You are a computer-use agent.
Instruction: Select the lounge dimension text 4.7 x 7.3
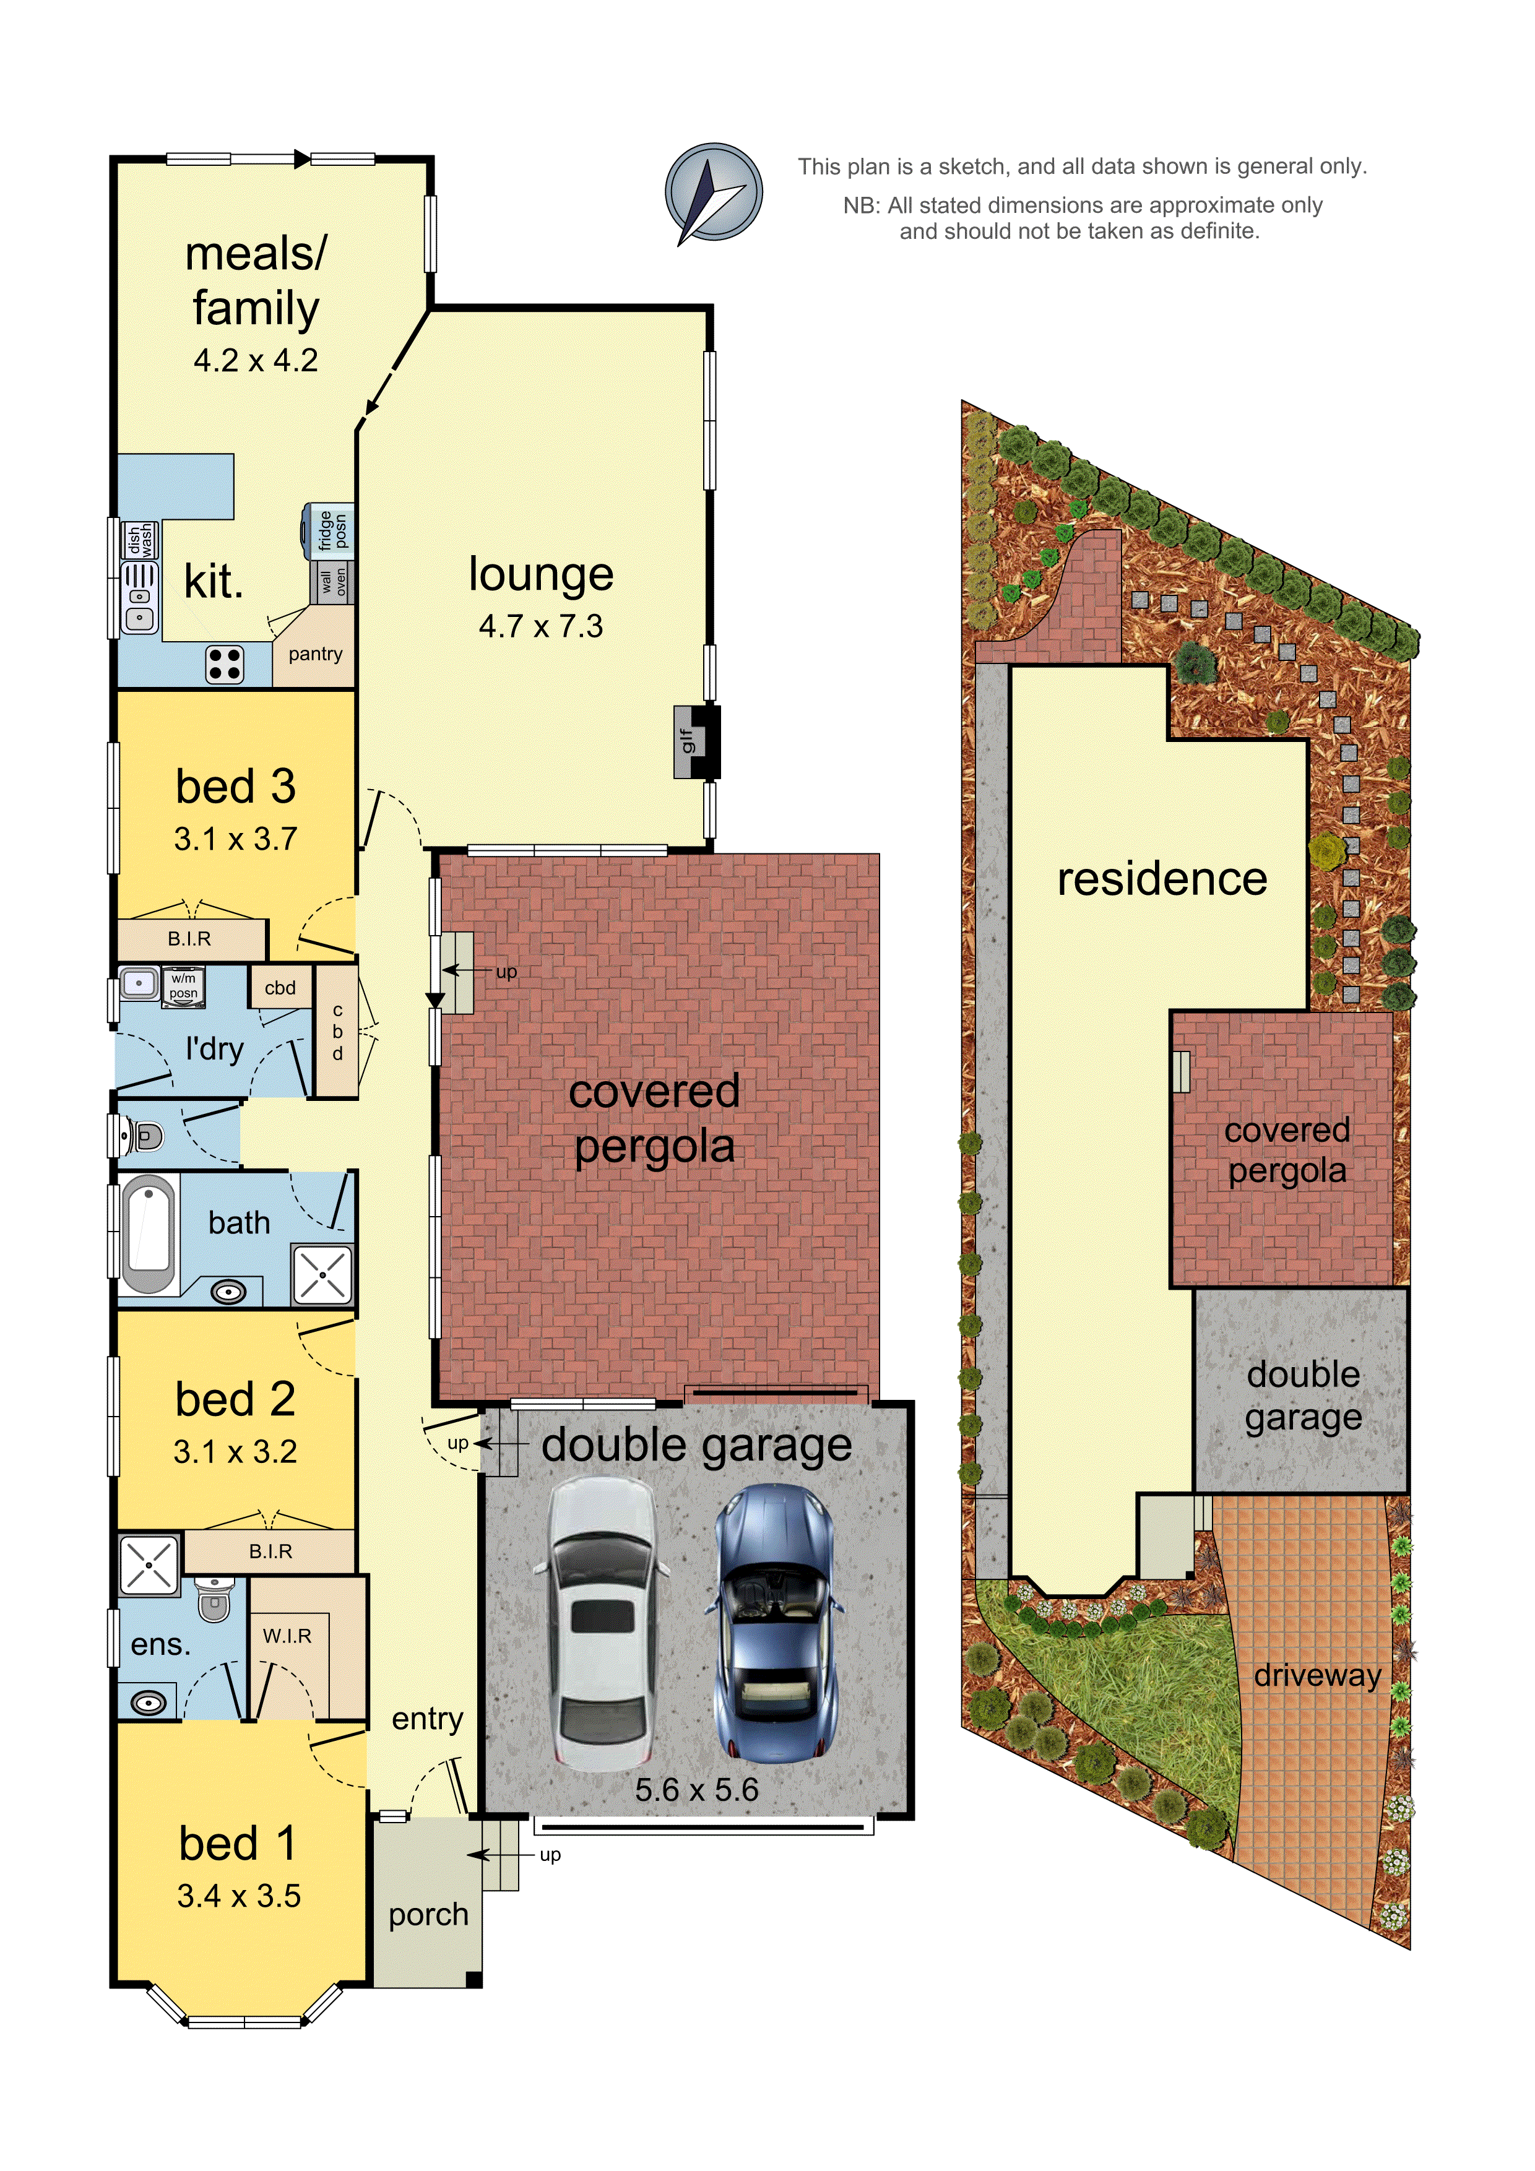[x=540, y=626]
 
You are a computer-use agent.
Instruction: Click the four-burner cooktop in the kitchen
[x=225, y=664]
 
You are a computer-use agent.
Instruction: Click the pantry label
[x=315, y=654]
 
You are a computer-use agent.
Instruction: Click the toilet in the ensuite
[x=215, y=1597]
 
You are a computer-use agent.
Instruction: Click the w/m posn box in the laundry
[x=183, y=986]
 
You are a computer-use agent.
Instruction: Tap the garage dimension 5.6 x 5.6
[x=696, y=1789]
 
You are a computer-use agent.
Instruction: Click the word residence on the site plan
[x=1161, y=879]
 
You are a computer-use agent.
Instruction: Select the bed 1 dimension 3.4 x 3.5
[x=238, y=1896]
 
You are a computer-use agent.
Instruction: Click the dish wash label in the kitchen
[x=140, y=540]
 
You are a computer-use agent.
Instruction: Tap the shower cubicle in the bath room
[x=322, y=1275]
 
